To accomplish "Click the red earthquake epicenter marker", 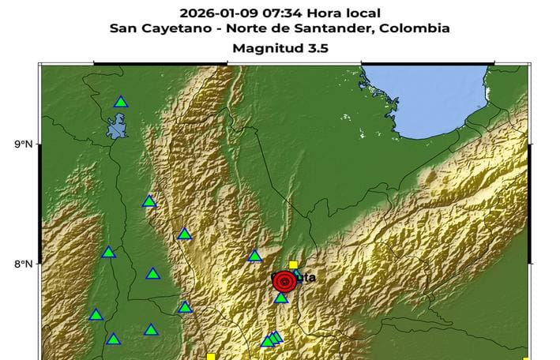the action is coord(284,281).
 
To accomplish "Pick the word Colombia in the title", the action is coord(415,29).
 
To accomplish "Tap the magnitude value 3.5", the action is coord(317,48).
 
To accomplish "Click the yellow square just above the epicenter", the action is coord(293,265).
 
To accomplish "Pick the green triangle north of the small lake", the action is coord(121,102).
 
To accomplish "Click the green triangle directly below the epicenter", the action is coord(281,298).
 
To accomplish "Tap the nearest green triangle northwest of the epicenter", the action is coord(255,256).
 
